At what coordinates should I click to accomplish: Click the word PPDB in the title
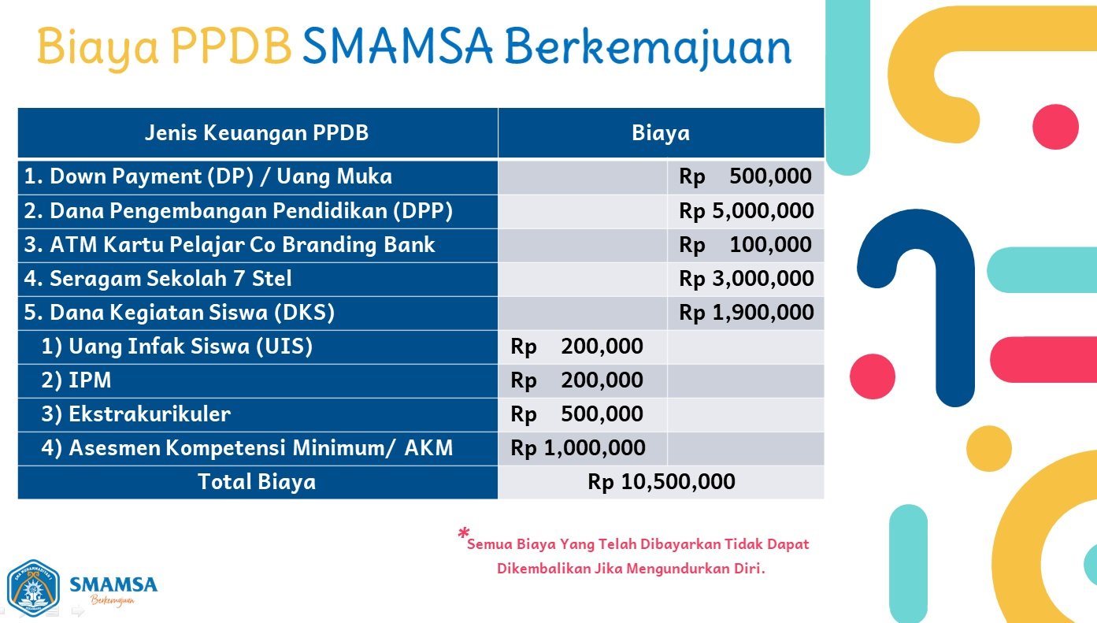(232, 47)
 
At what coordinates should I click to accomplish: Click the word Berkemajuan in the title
(648, 48)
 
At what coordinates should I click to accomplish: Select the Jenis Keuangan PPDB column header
(257, 133)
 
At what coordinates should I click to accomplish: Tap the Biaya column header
(661, 133)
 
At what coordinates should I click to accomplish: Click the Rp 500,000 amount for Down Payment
(745, 176)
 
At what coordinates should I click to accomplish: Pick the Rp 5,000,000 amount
(747, 210)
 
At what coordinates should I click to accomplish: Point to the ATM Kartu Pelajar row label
(229, 244)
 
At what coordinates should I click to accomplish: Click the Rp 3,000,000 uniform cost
(747, 278)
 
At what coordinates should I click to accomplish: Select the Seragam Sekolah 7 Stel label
(158, 278)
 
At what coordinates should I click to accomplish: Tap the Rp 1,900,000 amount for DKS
(747, 312)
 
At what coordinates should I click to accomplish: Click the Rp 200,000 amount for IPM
(577, 380)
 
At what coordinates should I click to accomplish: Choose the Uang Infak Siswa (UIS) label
(176, 346)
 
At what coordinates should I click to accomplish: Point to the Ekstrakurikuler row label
(135, 413)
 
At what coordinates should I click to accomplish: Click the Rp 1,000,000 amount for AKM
(578, 447)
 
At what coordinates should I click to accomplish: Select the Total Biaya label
(257, 481)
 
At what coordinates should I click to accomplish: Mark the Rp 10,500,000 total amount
(662, 481)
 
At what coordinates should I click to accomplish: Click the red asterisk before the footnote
(464, 532)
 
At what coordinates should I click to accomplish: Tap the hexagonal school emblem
(33, 588)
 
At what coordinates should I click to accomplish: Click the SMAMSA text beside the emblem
(113, 584)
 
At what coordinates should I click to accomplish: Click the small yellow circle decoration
(989, 448)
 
